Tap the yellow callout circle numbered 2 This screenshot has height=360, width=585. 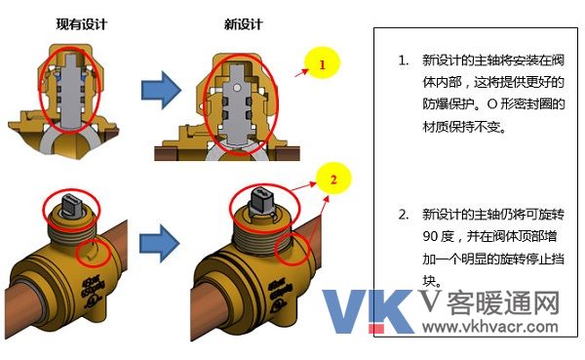(x=332, y=180)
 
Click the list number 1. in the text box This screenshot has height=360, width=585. (x=403, y=60)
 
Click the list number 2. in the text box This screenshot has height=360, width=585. (x=403, y=214)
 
